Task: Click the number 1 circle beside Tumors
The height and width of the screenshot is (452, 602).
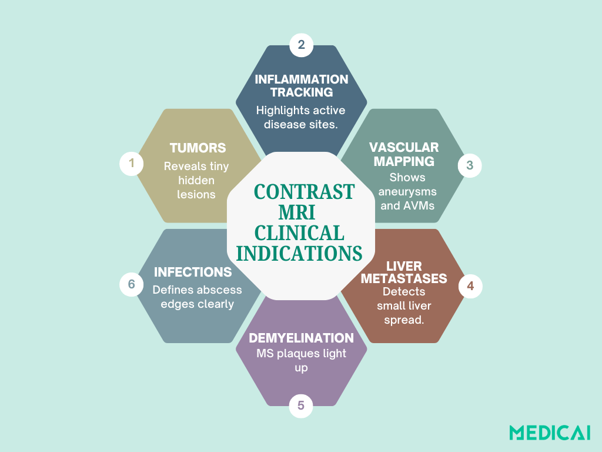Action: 131,163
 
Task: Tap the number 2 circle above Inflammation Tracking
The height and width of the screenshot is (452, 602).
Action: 301,45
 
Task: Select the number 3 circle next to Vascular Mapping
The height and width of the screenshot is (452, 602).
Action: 470,165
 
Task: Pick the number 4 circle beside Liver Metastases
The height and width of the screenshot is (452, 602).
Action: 470,286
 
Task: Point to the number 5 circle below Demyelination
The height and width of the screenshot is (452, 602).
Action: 301,406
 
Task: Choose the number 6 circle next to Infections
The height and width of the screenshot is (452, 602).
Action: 131,284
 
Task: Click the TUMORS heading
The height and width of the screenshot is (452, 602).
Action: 198,148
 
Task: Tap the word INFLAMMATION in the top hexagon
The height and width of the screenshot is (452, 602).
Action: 302,79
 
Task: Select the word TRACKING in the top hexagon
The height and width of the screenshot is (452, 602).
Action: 302,92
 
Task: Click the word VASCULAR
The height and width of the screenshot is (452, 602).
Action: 403,147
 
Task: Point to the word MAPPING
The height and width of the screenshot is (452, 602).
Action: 403,161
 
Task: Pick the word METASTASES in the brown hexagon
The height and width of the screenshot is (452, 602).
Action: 403,279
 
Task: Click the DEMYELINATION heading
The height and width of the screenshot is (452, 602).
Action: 302,338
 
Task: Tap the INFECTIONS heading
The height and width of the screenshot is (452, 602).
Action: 193,272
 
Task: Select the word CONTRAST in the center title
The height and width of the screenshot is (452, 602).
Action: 304,192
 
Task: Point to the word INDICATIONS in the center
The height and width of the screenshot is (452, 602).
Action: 299,253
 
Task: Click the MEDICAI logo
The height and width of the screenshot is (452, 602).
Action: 550,433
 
